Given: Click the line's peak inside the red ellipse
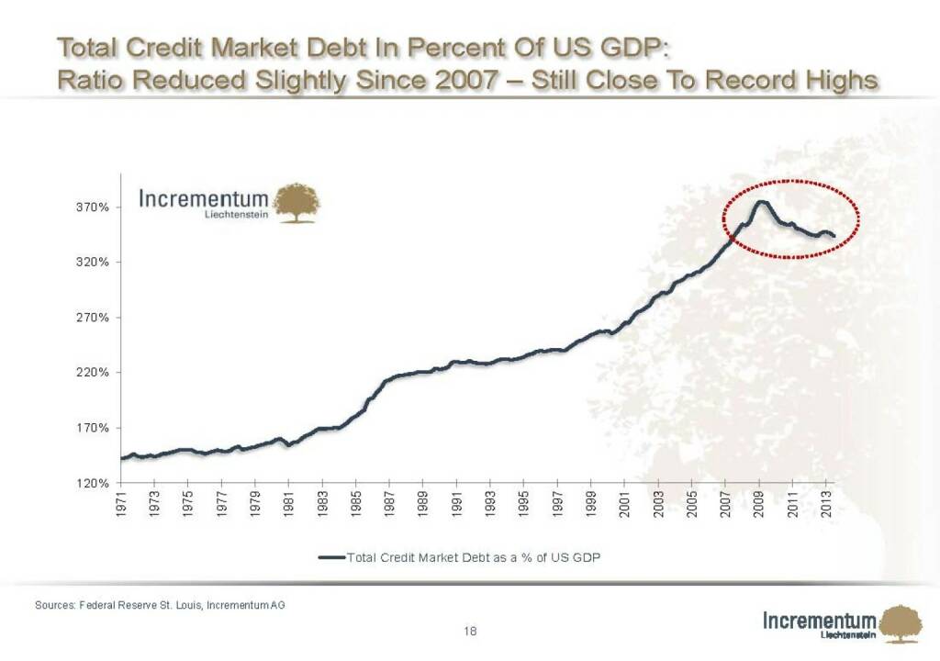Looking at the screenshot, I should coord(761,202).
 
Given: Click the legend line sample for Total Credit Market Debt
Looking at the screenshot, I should coord(330,557).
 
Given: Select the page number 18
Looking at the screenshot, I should coord(470,631).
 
